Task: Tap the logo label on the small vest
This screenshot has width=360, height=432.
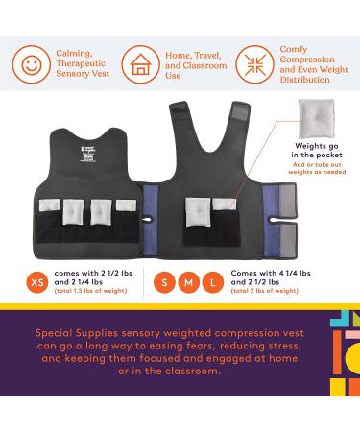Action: click(89, 140)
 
